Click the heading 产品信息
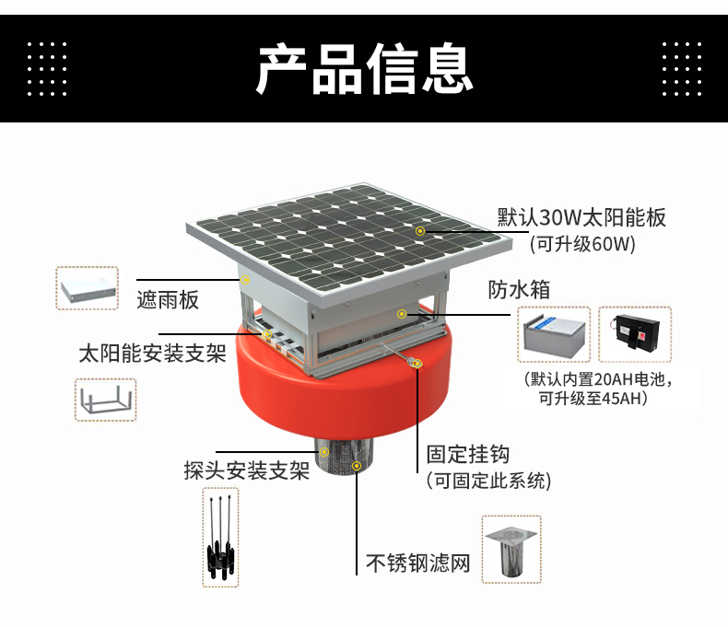[x=364, y=67]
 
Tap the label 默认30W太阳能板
[x=581, y=218]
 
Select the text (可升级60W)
[x=581, y=244]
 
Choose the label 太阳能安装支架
[x=152, y=354]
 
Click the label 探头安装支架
[x=246, y=471]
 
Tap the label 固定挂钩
[x=467, y=455]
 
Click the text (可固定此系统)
[x=487, y=481]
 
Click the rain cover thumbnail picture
[x=88, y=288]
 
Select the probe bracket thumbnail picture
[x=220, y=537]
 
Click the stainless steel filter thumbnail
[x=511, y=549]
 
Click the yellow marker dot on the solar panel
[x=420, y=230]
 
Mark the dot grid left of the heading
[x=47, y=67]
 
